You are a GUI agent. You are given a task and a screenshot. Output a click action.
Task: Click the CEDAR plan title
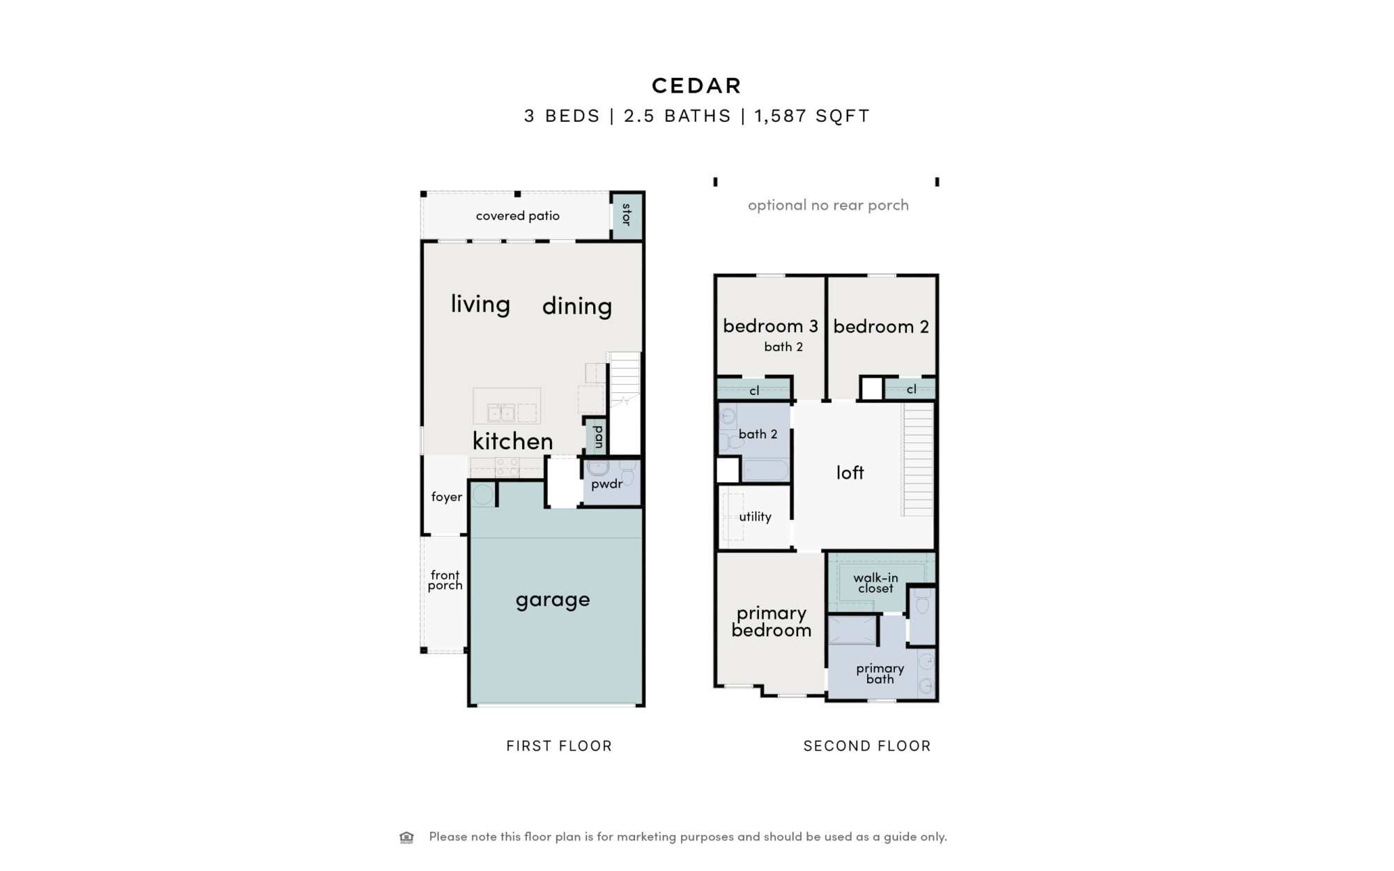[696, 86]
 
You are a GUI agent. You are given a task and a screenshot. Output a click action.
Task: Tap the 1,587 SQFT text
[812, 116]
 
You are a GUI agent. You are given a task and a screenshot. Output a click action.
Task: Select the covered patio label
[518, 216]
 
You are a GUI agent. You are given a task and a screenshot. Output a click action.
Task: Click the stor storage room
[627, 216]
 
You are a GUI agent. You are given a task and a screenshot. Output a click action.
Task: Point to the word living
[480, 304]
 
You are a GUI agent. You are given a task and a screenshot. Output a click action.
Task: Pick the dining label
[577, 306]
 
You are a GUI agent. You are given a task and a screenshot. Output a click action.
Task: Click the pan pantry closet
[598, 437]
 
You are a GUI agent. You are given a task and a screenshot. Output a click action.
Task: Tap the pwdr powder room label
[607, 484]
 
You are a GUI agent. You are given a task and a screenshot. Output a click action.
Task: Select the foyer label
[447, 497]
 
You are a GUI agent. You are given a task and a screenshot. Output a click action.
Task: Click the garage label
[553, 600]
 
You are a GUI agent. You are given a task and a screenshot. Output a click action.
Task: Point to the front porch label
[445, 580]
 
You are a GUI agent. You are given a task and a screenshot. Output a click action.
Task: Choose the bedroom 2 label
[881, 326]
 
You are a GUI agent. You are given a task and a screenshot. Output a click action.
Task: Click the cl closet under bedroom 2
[911, 389]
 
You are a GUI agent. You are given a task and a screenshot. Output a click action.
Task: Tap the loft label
[850, 472]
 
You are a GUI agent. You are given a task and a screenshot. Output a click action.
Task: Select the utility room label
[755, 516]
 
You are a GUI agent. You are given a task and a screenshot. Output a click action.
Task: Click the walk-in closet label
[875, 583]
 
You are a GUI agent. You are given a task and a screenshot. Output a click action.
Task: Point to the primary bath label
[880, 674]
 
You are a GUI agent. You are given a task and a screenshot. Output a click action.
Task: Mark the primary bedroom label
[771, 622]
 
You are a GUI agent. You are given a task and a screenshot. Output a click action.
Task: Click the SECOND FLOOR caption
[867, 746]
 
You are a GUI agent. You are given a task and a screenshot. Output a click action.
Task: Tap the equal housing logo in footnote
[406, 837]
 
